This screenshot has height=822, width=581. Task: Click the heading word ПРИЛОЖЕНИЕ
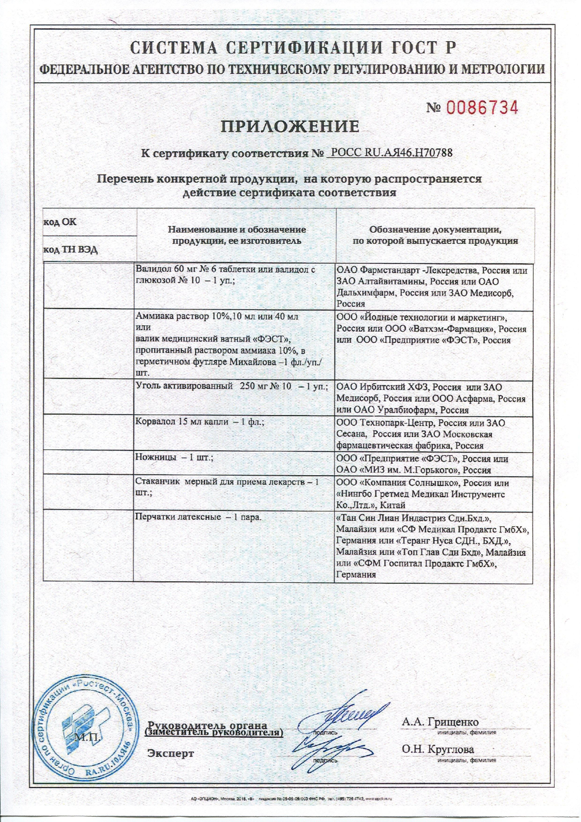289,127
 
